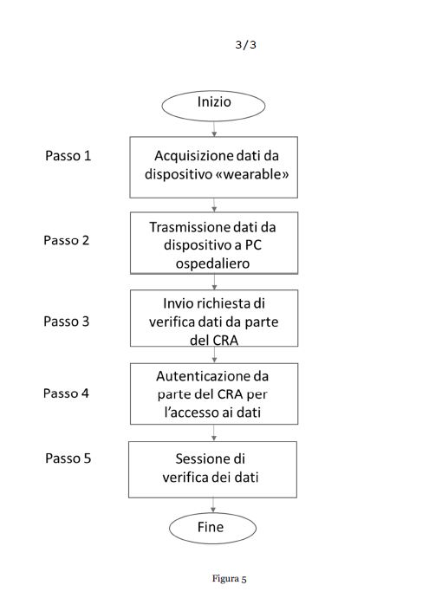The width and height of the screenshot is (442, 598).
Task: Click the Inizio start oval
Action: pyautogui.click(x=213, y=106)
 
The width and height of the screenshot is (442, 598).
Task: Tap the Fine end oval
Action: pyautogui.click(x=212, y=528)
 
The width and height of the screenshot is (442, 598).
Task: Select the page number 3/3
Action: pyautogui.click(x=245, y=45)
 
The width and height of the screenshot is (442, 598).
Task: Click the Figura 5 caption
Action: pyautogui.click(x=229, y=579)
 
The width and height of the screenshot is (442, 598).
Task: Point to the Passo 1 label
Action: pyautogui.click(x=68, y=156)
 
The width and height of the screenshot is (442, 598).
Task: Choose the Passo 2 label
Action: pyautogui.click(x=67, y=240)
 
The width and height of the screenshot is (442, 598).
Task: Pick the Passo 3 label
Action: pyautogui.click(x=67, y=322)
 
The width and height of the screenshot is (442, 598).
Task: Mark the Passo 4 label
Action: pyautogui.click(x=66, y=393)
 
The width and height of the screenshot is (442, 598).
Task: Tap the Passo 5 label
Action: pyautogui.click(x=68, y=458)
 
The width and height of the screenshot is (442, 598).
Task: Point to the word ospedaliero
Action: pyautogui.click(x=213, y=263)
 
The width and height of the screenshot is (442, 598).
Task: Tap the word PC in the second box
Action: pyautogui.click(x=253, y=245)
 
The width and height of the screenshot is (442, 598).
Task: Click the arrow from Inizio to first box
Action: pyautogui.click(x=214, y=129)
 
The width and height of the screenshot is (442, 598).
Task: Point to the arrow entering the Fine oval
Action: pyautogui.click(x=213, y=505)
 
